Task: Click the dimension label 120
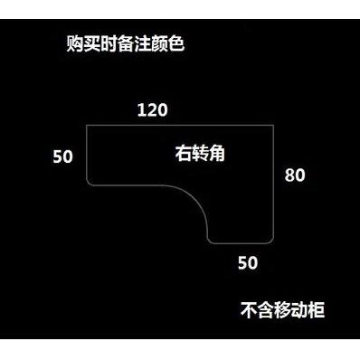coord(152,110)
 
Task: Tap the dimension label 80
coord(295,175)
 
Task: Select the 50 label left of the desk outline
coord(63,156)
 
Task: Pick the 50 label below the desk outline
coord(248,262)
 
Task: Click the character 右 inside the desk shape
coord(184,153)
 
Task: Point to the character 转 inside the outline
coord(200,153)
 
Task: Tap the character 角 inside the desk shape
coord(217,153)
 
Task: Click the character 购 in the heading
coord(75,44)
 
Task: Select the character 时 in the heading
coord(109,44)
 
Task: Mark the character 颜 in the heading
coord(159,44)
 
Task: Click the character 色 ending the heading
coord(176,44)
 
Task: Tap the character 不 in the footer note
coord(249,309)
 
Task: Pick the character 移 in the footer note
coord(283,309)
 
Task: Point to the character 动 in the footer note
coord(299,309)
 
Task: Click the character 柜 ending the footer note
coord(317,309)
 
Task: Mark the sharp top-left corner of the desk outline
coord(87,125)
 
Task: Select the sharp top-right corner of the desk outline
coord(274,125)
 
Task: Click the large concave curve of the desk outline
coord(196,199)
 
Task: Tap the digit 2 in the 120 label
coord(152,110)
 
